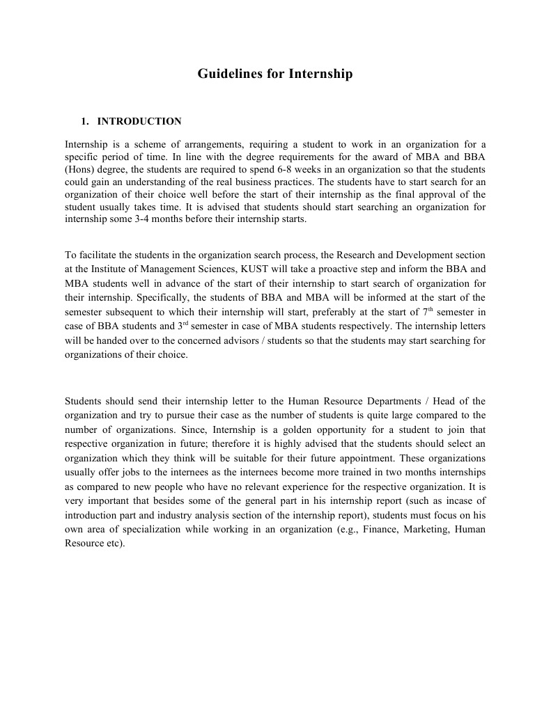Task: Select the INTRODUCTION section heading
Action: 139,122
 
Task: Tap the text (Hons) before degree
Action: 79,169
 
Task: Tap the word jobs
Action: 129,473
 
